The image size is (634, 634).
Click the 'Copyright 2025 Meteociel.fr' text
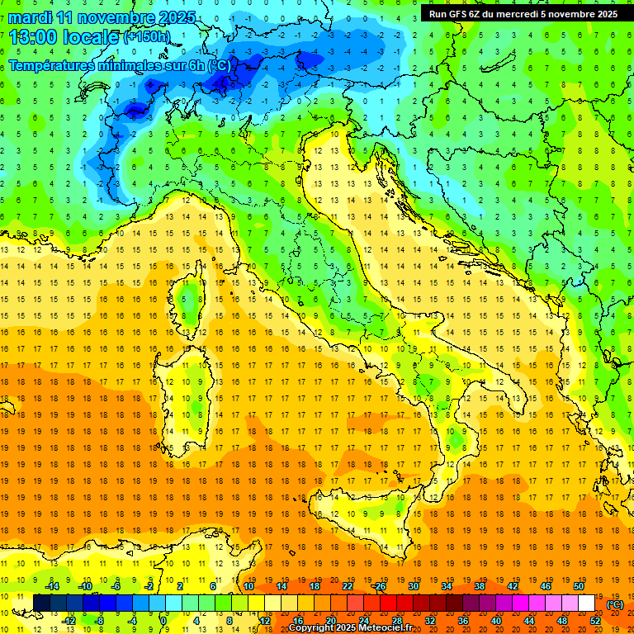(356, 628)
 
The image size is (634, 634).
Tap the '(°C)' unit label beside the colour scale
(614, 604)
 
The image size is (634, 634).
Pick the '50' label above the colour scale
(578, 586)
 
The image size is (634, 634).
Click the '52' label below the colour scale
(595, 621)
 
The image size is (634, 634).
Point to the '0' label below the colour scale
(164, 621)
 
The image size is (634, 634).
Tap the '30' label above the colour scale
(414, 586)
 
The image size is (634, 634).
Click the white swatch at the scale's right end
(586, 603)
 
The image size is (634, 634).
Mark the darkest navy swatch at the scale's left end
(41, 603)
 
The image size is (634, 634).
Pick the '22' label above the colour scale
(348, 586)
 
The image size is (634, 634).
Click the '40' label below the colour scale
(496, 621)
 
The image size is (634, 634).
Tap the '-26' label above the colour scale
(379, 586)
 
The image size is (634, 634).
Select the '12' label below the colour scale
(264, 621)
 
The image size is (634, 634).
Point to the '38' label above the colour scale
(479, 586)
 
